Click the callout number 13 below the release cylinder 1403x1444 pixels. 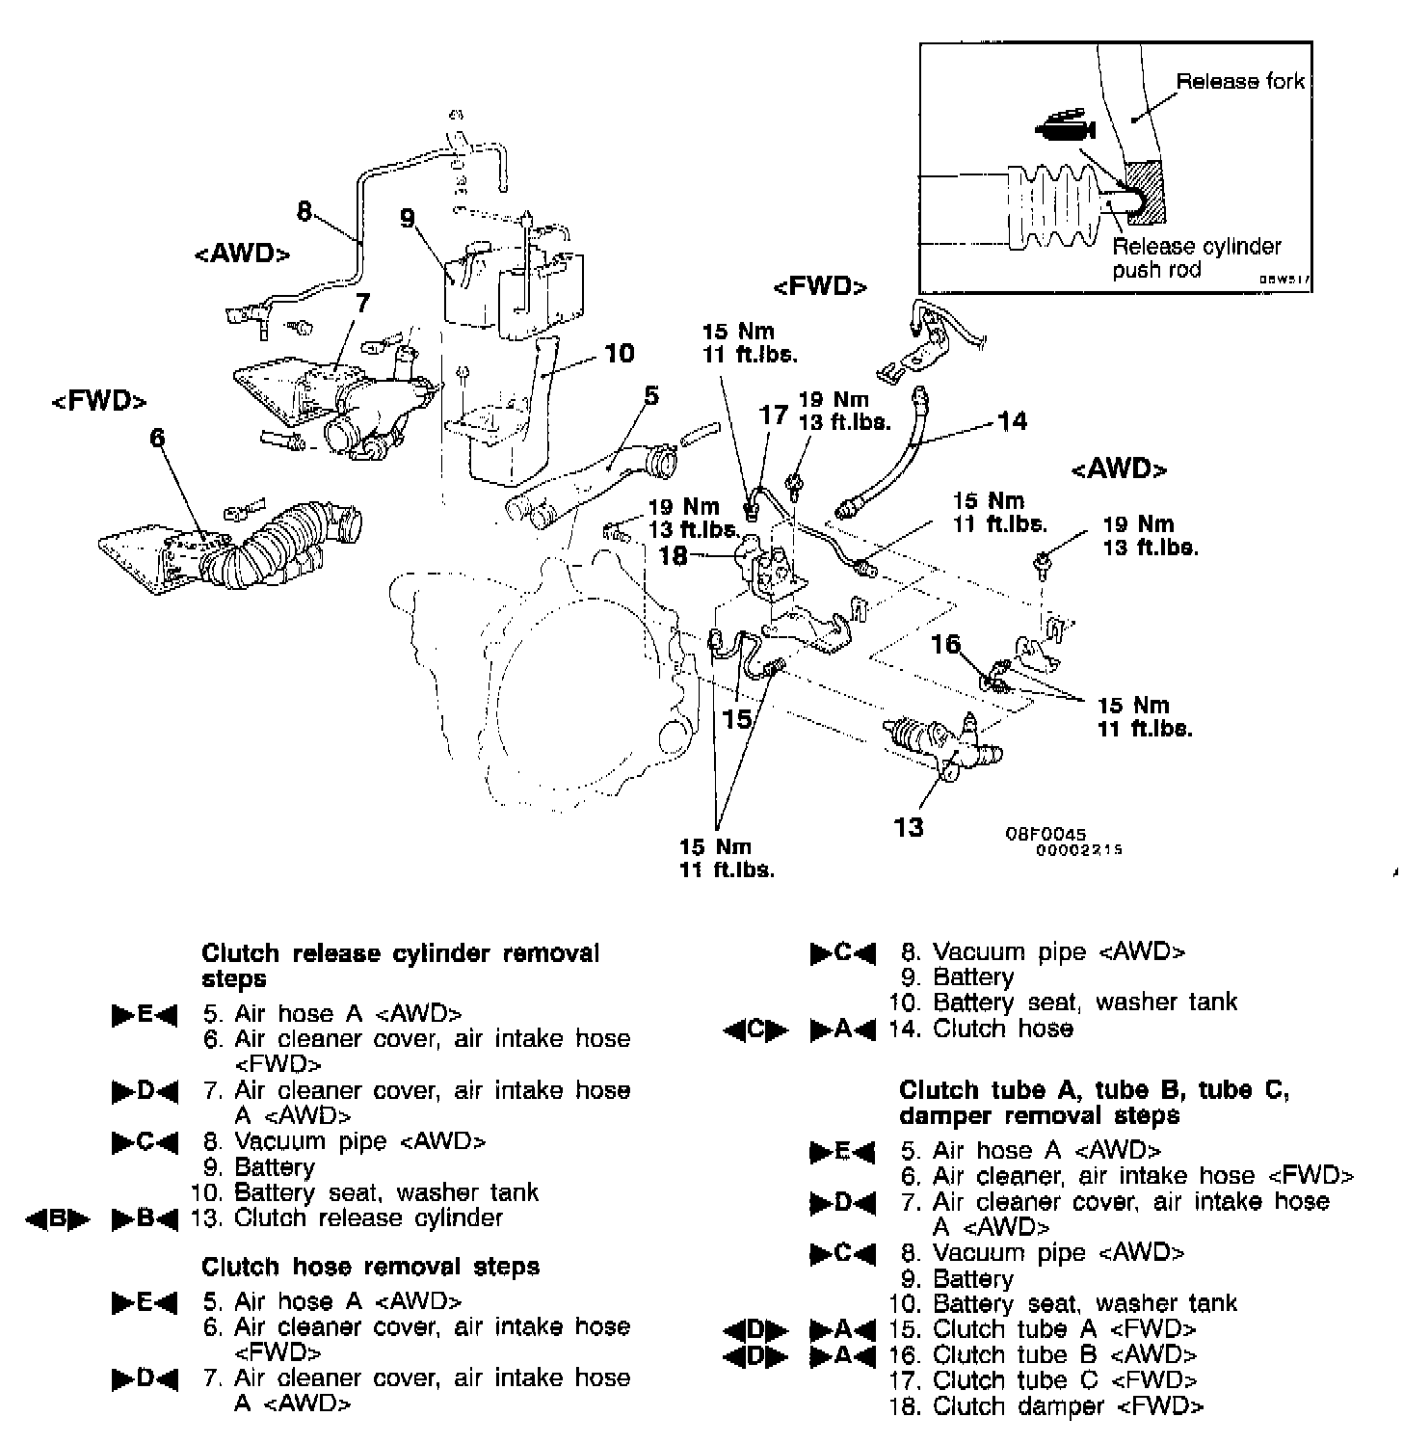tap(909, 827)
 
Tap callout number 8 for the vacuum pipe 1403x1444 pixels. tap(304, 210)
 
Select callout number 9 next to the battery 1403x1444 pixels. tap(408, 219)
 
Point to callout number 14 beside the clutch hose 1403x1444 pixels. tap(1012, 421)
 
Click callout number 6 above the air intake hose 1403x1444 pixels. tap(157, 439)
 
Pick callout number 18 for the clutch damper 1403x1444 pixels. tap(674, 556)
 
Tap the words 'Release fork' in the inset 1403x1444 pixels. tap(1239, 81)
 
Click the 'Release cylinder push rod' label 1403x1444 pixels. tap(1196, 257)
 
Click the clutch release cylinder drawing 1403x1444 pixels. tap(940, 743)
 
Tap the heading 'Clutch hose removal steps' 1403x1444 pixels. tap(370, 1267)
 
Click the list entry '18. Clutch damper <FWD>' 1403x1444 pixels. tap(1046, 1406)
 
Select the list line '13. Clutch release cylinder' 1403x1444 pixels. tap(347, 1218)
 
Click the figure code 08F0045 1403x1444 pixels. tap(1046, 834)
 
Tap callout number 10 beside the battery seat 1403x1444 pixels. tap(620, 354)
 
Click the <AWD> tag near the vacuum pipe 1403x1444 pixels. tap(241, 254)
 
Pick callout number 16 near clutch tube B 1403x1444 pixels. tap(946, 643)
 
